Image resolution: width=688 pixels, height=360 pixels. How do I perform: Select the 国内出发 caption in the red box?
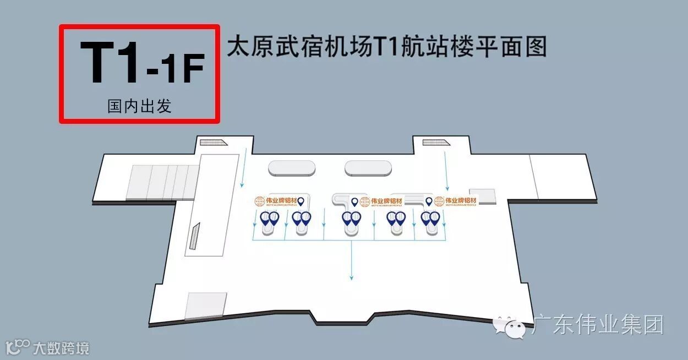[x=139, y=106]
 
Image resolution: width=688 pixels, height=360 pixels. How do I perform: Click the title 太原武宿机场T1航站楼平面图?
[x=386, y=47]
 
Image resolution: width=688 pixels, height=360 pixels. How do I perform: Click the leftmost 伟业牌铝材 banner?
[x=274, y=201]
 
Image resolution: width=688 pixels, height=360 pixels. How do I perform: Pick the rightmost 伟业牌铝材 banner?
[x=455, y=201]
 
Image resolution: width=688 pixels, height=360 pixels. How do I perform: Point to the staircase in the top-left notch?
[x=214, y=143]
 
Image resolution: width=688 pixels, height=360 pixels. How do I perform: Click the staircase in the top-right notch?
[x=436, y=143]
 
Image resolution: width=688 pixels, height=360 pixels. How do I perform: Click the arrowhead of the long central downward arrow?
[x=351, y=277]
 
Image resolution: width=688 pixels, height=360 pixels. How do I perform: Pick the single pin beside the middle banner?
[x=354, y=202]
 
